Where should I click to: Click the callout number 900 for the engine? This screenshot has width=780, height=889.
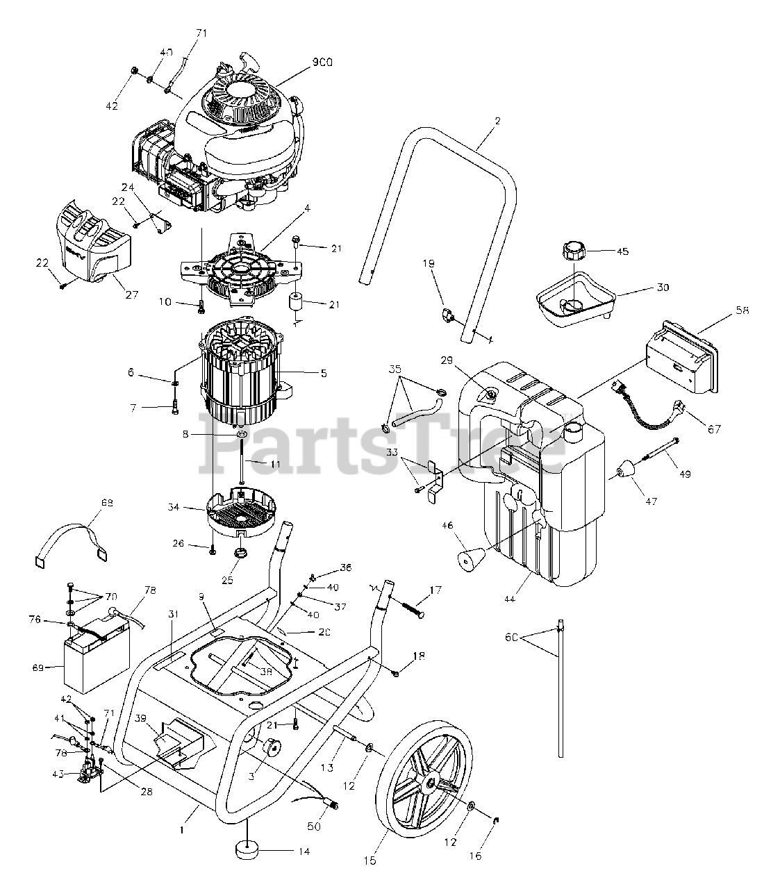tap(322, 63)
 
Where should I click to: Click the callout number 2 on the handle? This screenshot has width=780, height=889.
tap(497, 121)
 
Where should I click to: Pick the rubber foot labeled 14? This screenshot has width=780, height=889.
tap(248, 850)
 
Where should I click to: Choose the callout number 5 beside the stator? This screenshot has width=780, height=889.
tap(324, 373)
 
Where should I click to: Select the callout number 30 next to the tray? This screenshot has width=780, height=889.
tap(662, 287)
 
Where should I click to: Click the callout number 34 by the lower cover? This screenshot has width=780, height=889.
tap(173, 508)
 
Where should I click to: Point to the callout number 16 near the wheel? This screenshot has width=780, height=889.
tap(475, 856)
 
